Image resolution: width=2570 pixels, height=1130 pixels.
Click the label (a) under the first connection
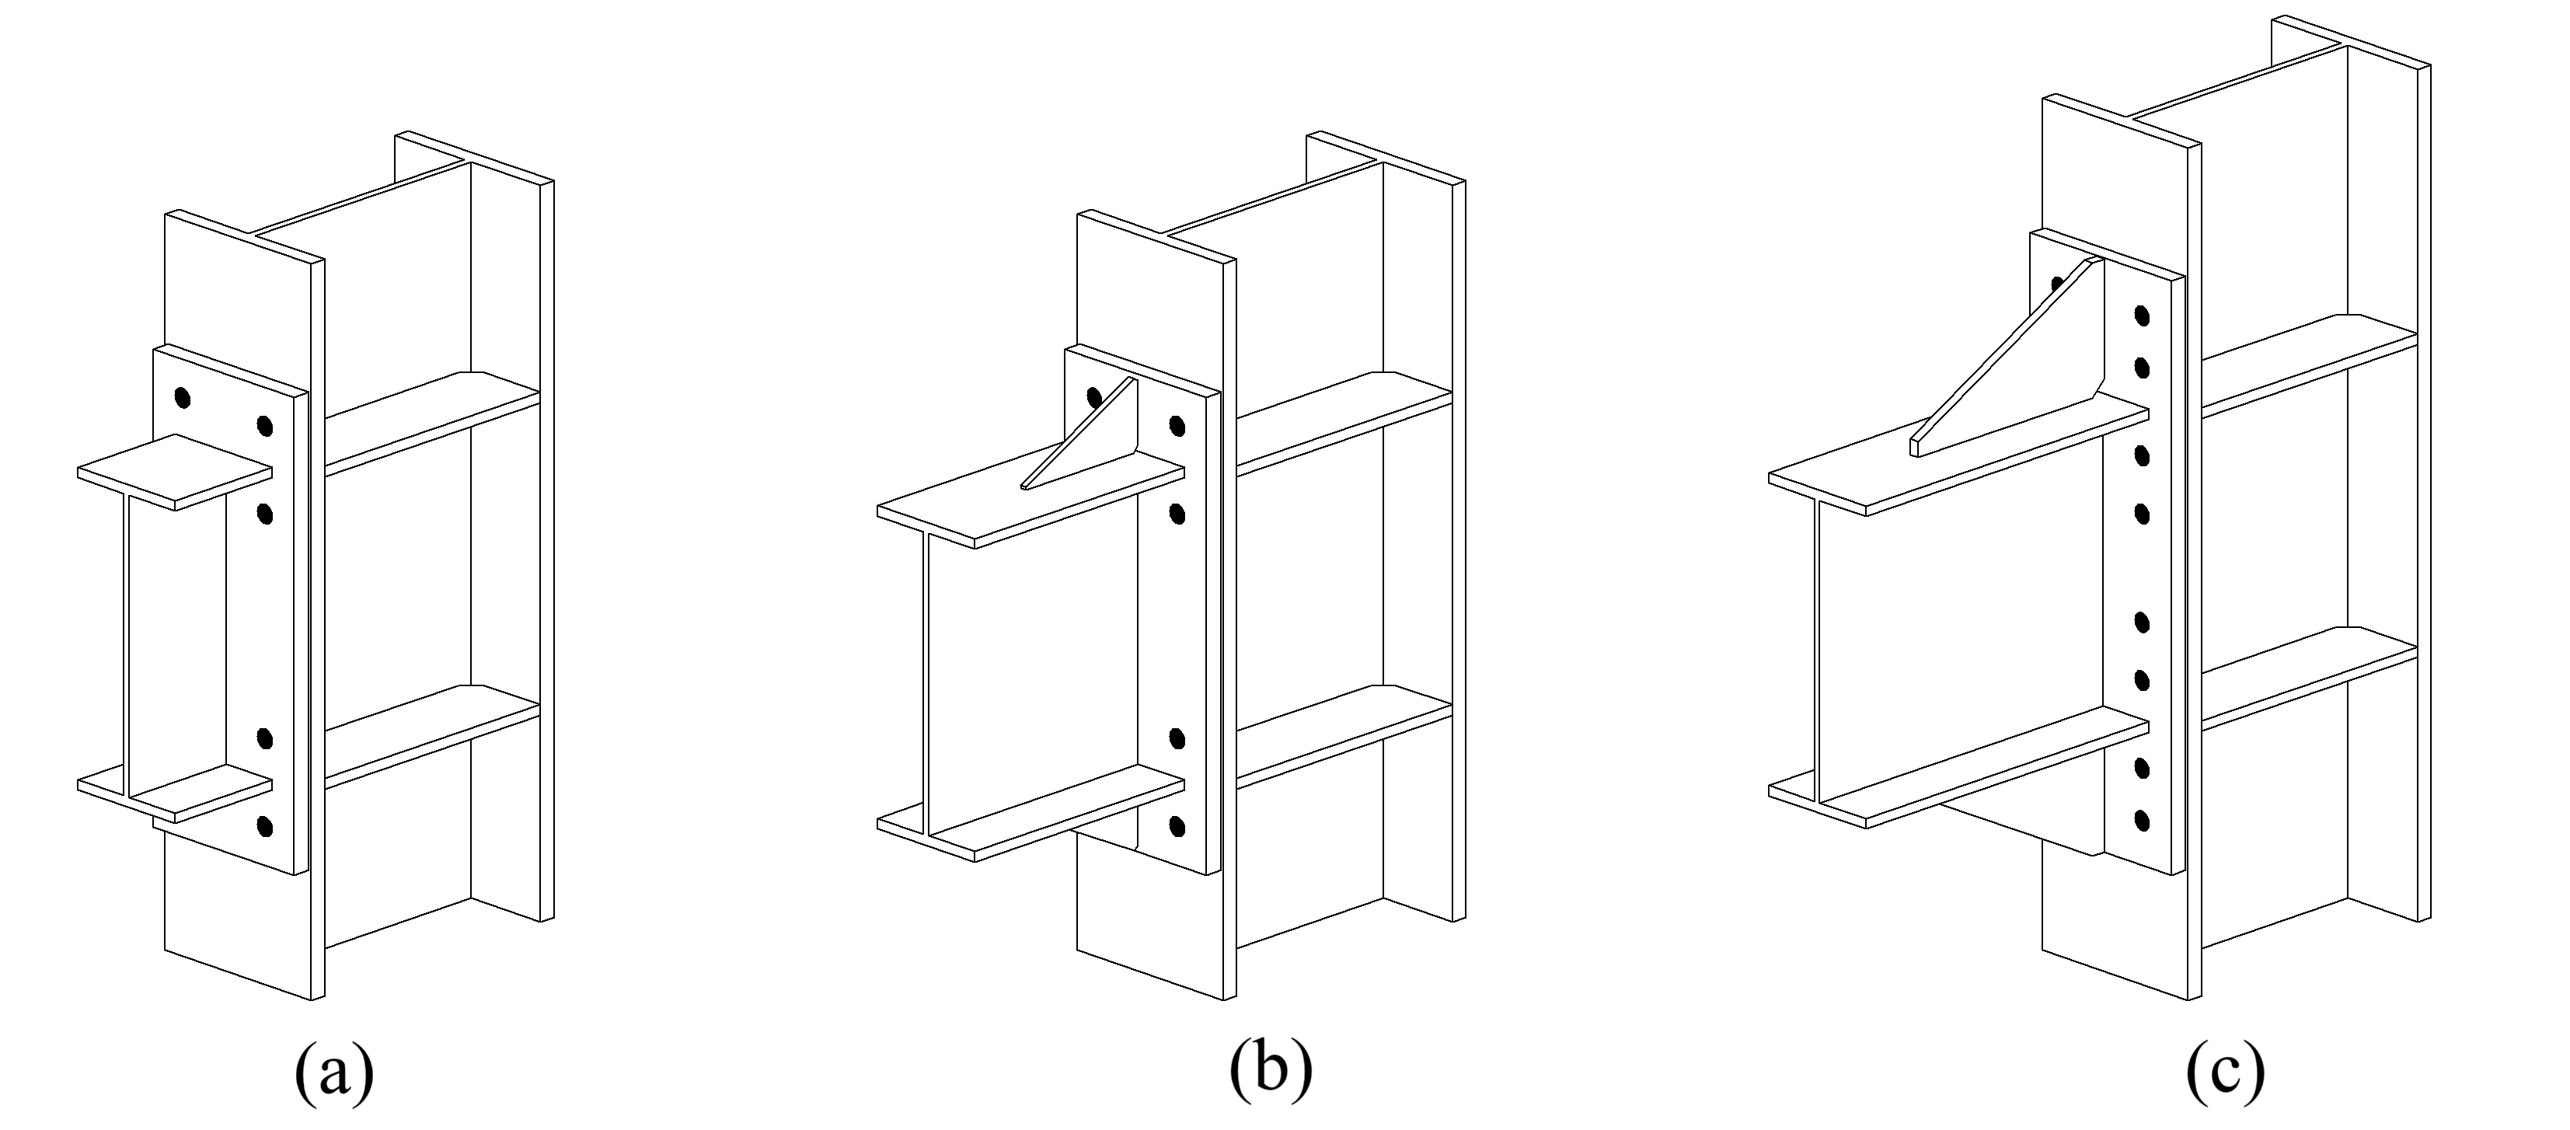334,1072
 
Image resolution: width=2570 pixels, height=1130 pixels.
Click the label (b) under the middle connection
1270,1072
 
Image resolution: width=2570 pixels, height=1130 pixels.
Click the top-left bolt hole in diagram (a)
182,397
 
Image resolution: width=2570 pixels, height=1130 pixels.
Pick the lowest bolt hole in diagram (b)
1177,826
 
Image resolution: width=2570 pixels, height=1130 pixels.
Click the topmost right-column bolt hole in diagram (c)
2141,316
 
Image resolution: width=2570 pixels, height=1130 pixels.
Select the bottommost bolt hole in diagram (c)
2141,821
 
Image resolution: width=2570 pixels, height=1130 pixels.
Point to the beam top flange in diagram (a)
175,472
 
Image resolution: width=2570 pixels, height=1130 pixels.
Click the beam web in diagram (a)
175,638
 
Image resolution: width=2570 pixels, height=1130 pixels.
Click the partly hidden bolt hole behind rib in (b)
1093,397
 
